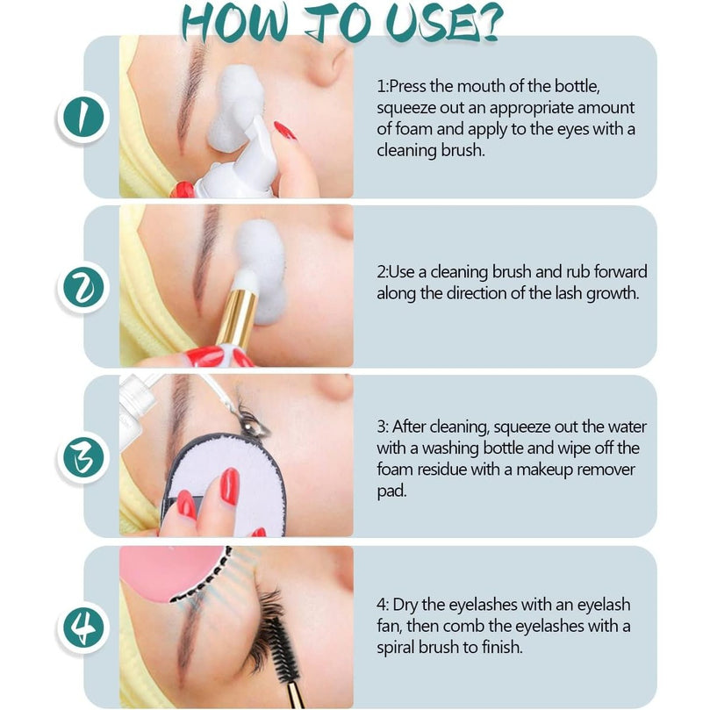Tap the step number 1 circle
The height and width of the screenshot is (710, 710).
point(83,117)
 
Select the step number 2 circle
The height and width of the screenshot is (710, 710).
point(83,287)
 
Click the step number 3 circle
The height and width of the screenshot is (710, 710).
point(83,457)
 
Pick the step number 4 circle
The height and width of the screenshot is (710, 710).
point(83,628)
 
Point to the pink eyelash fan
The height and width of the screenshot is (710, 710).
point(172,573)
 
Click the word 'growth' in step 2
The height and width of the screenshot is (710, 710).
point(613,294)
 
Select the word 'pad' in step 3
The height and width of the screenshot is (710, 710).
point(391,491)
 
